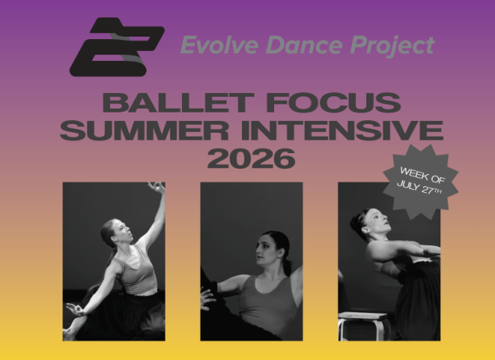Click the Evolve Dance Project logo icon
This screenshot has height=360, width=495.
116,46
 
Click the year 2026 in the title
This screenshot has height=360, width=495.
251,158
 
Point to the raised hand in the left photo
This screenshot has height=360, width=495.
158,187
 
